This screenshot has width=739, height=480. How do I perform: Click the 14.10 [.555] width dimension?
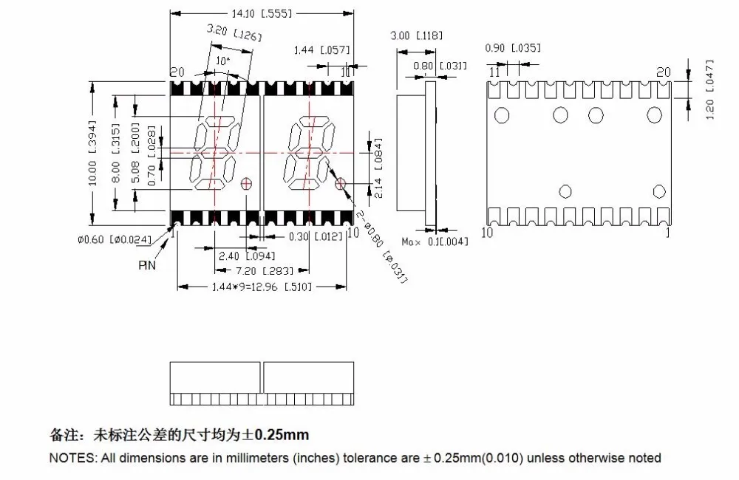[x=262, y=13]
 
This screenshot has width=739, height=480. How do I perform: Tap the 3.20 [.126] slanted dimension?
[x=234, y=32]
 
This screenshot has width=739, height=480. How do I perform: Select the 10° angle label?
[x=223, y=61]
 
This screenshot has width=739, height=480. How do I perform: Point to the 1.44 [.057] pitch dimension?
[x=322, y=50]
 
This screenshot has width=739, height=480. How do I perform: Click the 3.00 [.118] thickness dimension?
[x=417, y=35]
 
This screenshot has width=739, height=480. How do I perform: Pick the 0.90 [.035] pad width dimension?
[x=513, y=47]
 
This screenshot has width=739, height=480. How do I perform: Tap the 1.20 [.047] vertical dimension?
[x=709, y=89]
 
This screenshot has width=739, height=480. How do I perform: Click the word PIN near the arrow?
[x=147, y=265]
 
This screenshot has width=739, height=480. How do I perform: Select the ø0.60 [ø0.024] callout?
[x=115, y=239]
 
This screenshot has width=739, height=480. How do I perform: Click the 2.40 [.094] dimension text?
[x=247, y=256]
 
